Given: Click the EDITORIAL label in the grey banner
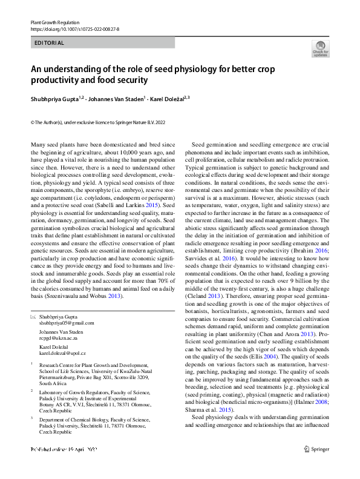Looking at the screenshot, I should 50,43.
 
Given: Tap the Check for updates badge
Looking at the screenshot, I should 320,50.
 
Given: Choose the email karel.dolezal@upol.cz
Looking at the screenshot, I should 64,352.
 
